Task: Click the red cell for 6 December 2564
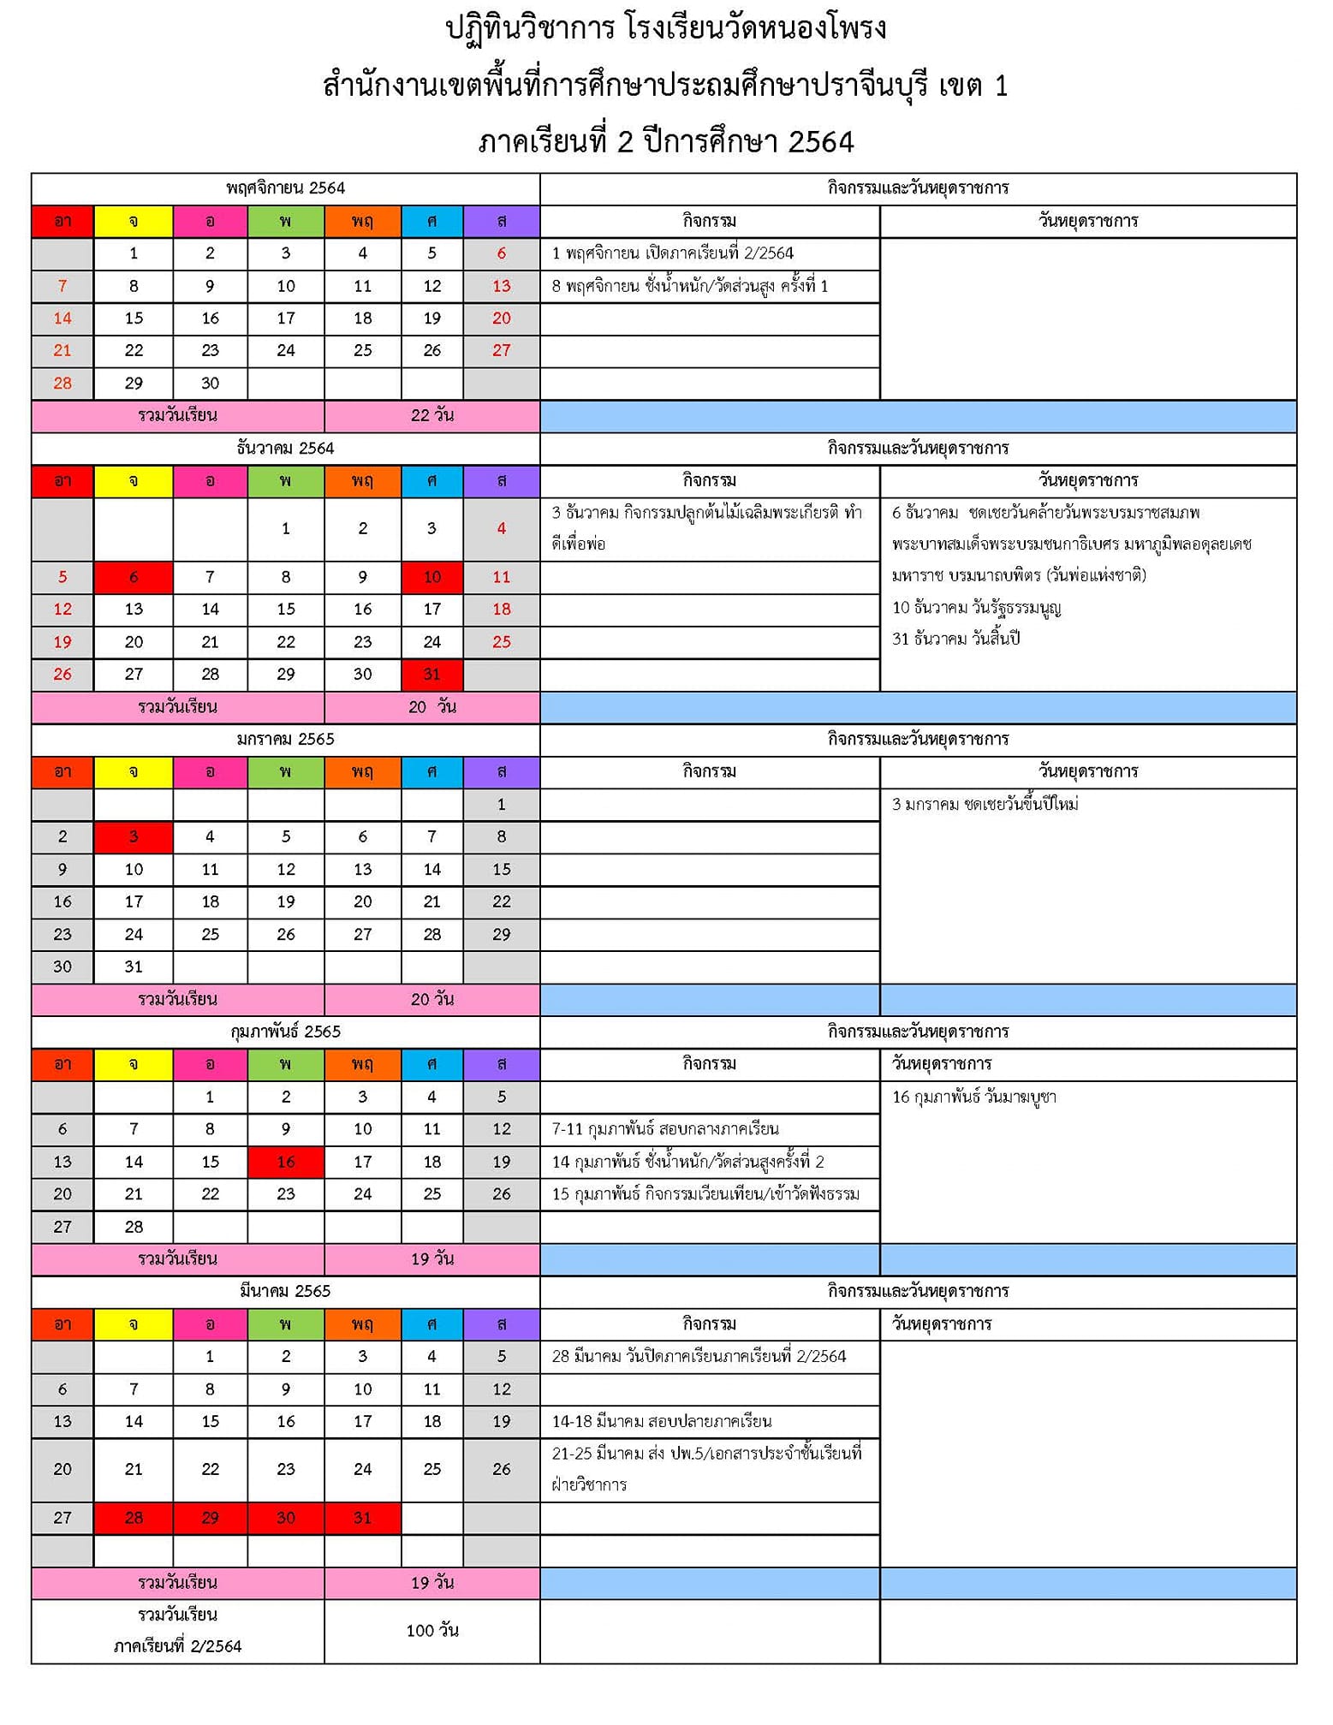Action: click(x=134, y=577)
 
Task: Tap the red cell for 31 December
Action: click(x=431, y=675)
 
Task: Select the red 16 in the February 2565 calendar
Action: click(x=286, y=1162)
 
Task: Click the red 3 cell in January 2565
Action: click(x=134, y=837)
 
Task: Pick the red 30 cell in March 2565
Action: click(x=286, y=1518)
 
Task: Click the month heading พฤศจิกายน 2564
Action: click(x=285, y=188)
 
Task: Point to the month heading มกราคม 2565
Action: click(x=285, y=740)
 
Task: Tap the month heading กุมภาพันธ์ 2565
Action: click(x=285, y=1032)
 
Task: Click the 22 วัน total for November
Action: click(x=431, y=416)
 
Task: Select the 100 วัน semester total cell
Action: click(x=431, y=1631)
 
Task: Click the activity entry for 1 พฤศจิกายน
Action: click(x=673, y=253)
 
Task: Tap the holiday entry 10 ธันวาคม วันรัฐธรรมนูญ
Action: click(x=976, y=608)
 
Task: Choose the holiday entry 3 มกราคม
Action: click(x=985, y=804)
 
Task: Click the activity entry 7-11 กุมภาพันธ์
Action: click(x=665, y=1129)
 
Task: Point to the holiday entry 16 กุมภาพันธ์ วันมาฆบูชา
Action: click(x=973, y=1097)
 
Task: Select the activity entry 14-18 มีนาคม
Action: click(x=662, y=1422)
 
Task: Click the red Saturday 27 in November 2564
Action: click(x=502, y=351)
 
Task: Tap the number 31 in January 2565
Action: click(x=134, y=967)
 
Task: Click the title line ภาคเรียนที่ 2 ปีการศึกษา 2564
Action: click(x=666, y=142)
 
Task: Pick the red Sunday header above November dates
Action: click(x=62, y=222)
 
